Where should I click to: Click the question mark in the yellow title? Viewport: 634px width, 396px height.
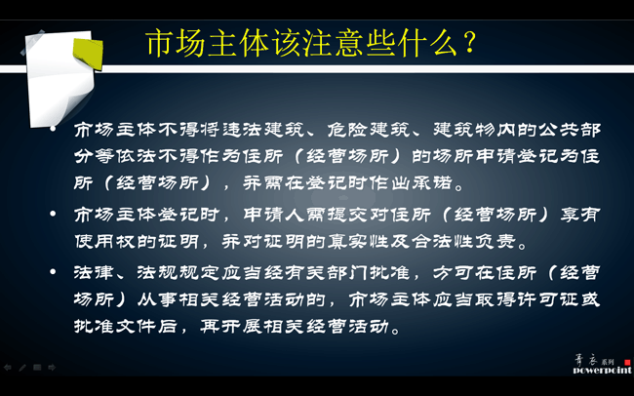[x=470, y=42]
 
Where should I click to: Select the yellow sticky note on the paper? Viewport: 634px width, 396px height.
[x=88, y=52]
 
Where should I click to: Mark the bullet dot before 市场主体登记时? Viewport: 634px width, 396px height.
[x=53, y=214]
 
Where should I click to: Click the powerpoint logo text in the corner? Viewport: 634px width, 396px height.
[x=602, y=370]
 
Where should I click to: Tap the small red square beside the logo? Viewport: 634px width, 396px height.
[x=627, y=362]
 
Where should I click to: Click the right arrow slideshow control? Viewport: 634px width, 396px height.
[x=52, y=368]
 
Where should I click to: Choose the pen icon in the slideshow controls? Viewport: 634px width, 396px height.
[x=22, y=368]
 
